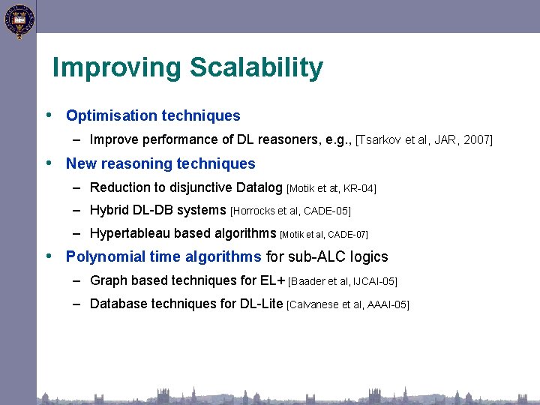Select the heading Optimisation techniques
pyautogui.click(x=153, y=116)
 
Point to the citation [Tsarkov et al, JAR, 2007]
pyautogui.click(x=424, y=140)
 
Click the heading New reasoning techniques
pyautogui.click(x=160, y=163)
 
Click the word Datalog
pyautogui.click(x=257, y=187)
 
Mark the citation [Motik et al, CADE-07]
pyautogui.click(x=323, y=235)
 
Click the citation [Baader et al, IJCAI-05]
pyautogui.click(x=343, y=282)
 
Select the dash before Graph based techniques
pyautogui.click(x=77, y=281)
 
